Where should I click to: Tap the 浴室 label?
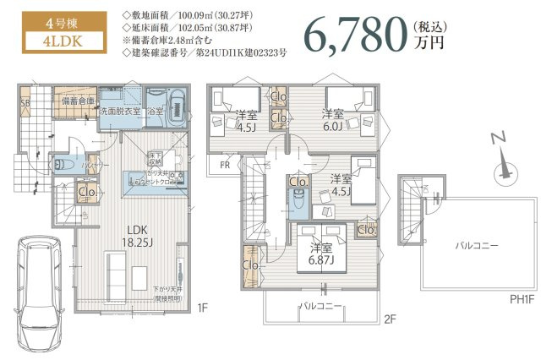pos(154,111)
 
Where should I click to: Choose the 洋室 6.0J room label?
pos(333,119)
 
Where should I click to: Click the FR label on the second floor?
pos(224,166)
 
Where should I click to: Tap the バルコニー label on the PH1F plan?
pos(477,245)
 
